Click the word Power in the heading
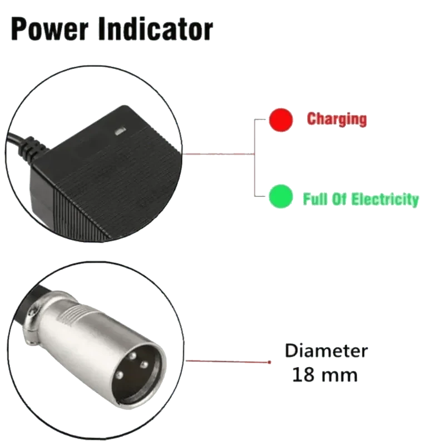[50, 30]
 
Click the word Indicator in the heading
[156, 29]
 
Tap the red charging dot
[281, 120]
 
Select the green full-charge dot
[281, 196]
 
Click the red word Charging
[337, 119]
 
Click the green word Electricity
[385, 199]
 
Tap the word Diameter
[327, 351]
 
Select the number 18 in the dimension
[303, 375]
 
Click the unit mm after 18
[339, 377]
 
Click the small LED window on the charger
[120, 131]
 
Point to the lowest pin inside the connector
[119, 375]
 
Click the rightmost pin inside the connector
[144, 364]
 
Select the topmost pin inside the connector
[132, 356]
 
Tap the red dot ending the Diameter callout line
[269, 362]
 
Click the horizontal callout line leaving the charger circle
[219, 154]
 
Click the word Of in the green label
[339, 199]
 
